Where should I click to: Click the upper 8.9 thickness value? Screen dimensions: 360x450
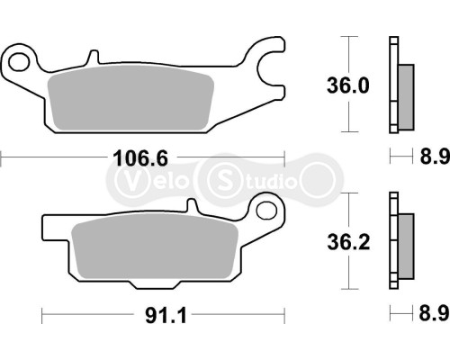[x=428, y=159]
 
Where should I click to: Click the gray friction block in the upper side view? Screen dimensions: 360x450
[x=406, y=95]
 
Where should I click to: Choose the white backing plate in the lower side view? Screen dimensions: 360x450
[x=393, y=241]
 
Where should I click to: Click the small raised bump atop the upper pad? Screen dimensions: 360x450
[x=92, y=58]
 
